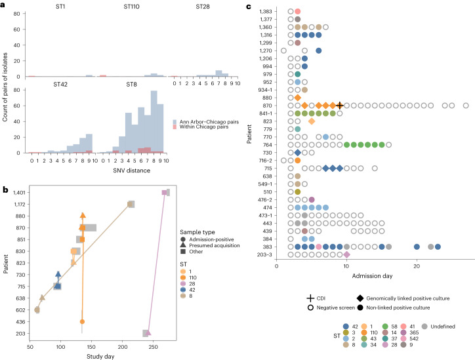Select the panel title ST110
(x=133, y=7)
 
